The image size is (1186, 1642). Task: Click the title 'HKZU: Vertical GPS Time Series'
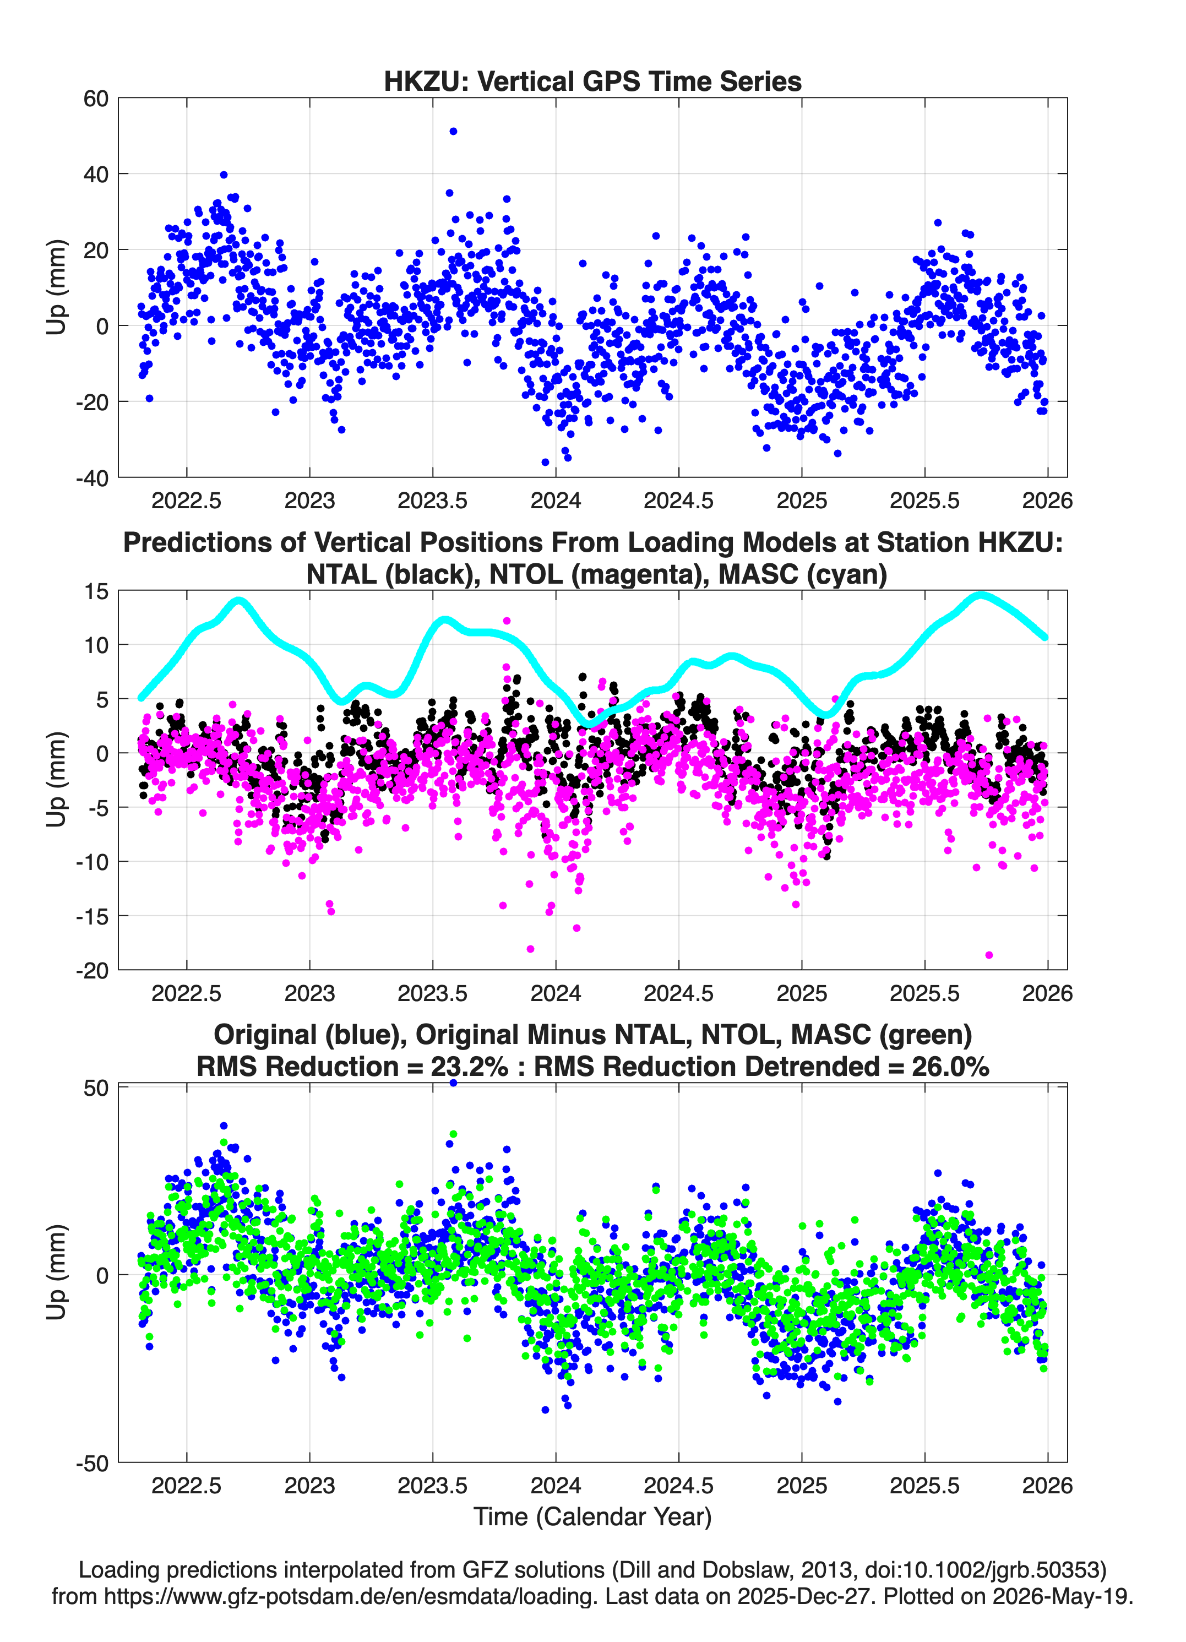[592, 81]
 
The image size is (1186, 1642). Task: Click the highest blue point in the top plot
[453, 131]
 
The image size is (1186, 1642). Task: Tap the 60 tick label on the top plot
[96, 99]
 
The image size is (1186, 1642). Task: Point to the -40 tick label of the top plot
[92, 478]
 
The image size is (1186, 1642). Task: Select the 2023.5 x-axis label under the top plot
[432, 501]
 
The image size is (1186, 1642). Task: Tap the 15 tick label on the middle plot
[97, 591]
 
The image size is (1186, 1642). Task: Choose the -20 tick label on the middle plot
[92, 970]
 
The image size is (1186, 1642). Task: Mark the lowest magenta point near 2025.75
[989, 955]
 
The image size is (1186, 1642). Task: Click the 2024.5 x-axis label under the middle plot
[678, 993]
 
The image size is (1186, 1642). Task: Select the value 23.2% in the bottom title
[469, 1067]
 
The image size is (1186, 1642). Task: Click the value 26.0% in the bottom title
[950, 1067]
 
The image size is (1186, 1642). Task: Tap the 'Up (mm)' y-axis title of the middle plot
[57, 780]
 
